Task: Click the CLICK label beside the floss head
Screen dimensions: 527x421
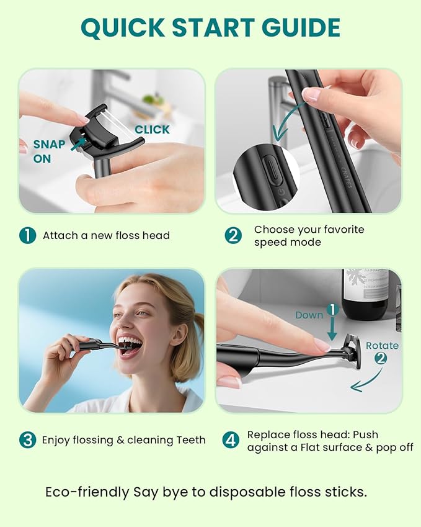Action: point(152,129)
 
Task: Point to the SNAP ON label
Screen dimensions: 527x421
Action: point(49,151)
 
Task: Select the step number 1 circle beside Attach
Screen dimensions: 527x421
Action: point(27,235)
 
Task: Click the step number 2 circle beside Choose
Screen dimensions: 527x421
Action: point(233,235)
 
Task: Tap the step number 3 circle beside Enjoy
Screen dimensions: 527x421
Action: point(27,440)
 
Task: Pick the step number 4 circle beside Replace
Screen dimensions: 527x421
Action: point(231,440)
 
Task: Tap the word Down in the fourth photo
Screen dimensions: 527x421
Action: point(309,315)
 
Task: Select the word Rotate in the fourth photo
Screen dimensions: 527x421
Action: point(382,345)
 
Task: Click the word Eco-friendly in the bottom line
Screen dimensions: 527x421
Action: point(87,492)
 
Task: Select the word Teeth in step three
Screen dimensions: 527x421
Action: point(189,440)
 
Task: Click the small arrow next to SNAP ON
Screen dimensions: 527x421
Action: point(78,145)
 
